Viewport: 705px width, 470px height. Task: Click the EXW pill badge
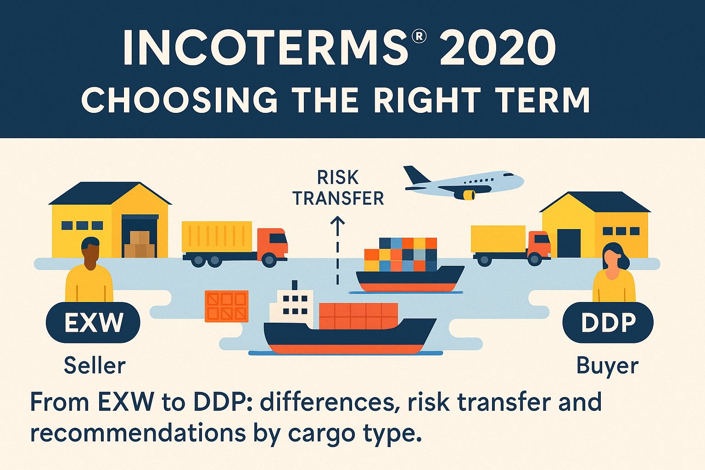[x=93, y=323]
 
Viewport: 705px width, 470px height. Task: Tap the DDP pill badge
[x=608, y=323]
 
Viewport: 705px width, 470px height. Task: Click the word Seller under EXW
[x=95, y=365]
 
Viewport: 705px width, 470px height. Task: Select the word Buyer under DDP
[x=607, y=366]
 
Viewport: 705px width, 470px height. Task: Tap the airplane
[x=464, y=182]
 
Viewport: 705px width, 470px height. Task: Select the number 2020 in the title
[x=498, y=48]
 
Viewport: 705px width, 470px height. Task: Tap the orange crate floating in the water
[x=226, y=306]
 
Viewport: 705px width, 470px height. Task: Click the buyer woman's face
[x=613, y=259]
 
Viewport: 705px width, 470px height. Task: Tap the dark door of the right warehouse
[x=568, y=243]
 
